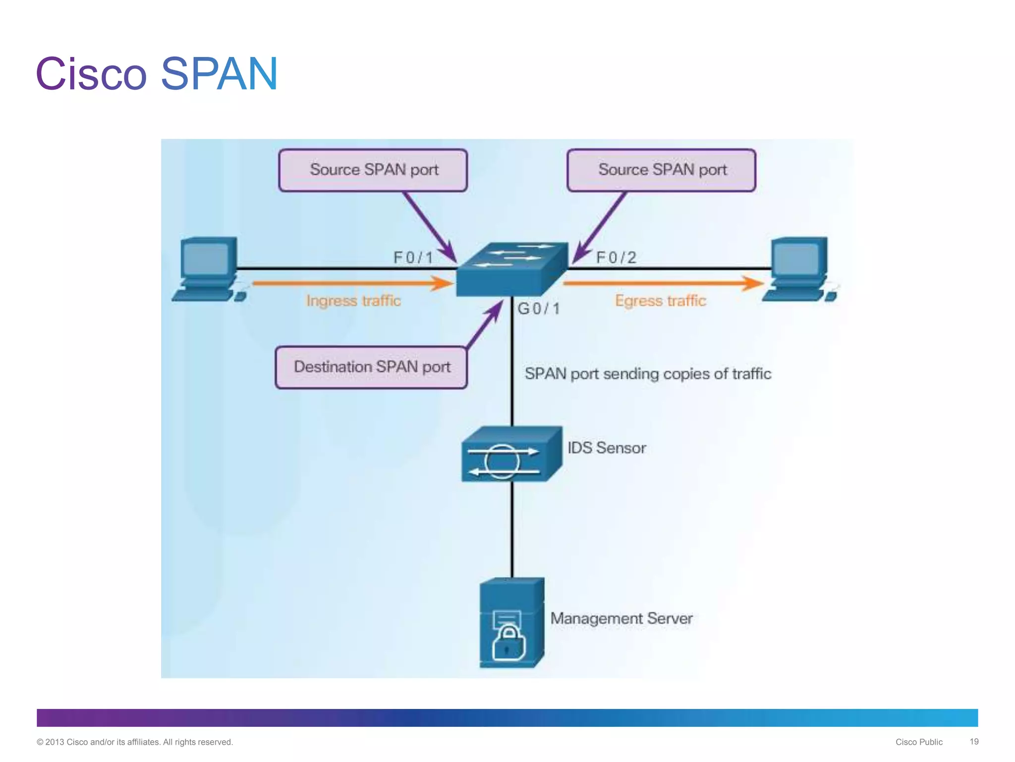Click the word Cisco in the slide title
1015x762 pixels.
point(91,74)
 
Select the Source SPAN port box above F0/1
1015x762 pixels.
point(373,170)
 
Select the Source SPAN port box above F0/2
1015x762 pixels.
point(661,170)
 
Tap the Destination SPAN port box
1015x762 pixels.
point(371,367)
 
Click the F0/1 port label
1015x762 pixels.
point(413,257)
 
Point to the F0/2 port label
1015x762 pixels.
point(616,257)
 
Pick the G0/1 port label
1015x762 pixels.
point(538,309)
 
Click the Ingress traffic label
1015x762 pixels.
point(353,301)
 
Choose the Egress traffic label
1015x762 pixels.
point(660,301)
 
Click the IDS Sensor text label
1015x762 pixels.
point(607,448)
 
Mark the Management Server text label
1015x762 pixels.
point(621,619)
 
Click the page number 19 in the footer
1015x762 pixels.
point(973,742)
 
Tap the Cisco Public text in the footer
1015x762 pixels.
point(918,742)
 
